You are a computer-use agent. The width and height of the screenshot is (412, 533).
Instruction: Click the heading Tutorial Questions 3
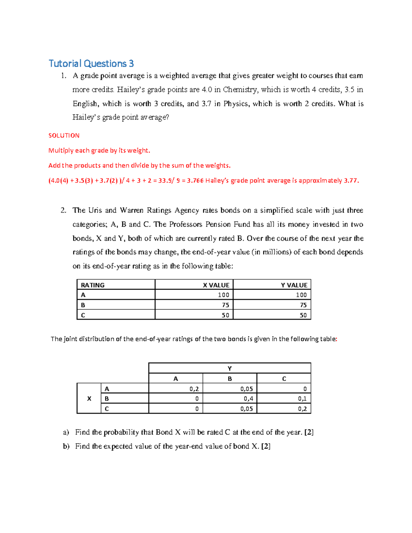click(x=91, y=63)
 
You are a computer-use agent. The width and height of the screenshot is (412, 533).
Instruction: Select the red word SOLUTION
click(x=64, y=136)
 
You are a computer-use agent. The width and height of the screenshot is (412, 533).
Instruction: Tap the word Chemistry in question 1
click(x=240, y=90)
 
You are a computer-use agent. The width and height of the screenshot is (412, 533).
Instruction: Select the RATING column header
click(x=93, y=285)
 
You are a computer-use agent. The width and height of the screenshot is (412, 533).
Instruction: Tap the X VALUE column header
click(x=216, y=285)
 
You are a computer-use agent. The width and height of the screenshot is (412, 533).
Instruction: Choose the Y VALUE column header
click(x=294, y=285)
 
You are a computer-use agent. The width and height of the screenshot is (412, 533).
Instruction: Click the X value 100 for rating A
click(x=224, y=295)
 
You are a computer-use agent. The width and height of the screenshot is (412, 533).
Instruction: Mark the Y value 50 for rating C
click(x=303, y=315)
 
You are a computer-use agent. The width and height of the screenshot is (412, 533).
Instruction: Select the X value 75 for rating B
click(x=225, y=305)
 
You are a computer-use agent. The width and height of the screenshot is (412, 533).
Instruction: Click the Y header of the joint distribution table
click(x=230, y=368)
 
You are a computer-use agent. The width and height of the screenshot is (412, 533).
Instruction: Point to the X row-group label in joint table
click(x=89, y=398)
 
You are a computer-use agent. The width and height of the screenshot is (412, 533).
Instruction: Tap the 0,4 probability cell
click(x=248, y=398)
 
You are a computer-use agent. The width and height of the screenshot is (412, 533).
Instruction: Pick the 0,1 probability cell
click(x=302, y=398)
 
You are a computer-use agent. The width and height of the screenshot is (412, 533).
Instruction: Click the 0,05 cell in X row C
click(x=247, y=409)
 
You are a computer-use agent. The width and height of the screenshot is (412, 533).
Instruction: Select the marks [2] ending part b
click(x=266, y=446)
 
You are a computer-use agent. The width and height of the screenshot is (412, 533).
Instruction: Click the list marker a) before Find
click(x=66, y=432)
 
